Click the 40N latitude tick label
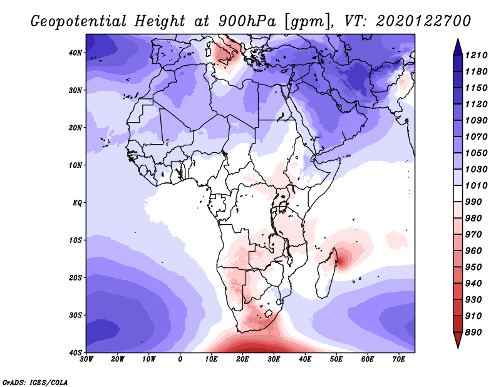(76, 53)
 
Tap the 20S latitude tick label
(76, 277)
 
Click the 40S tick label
(76, 352)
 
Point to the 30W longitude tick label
(86, 359)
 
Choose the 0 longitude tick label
(180, 359)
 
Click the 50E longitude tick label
(336, 359)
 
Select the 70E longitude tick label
(398, 359)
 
